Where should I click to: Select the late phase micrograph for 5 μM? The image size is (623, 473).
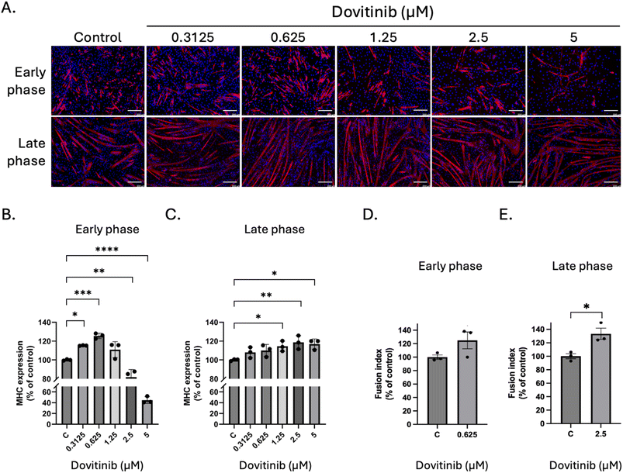574,150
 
